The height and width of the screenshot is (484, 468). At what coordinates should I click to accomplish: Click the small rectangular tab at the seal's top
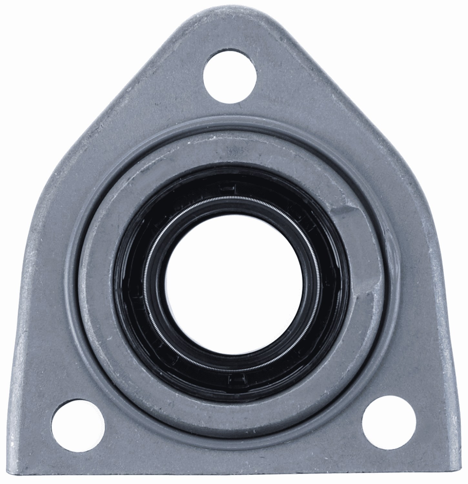coord(227,187)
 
